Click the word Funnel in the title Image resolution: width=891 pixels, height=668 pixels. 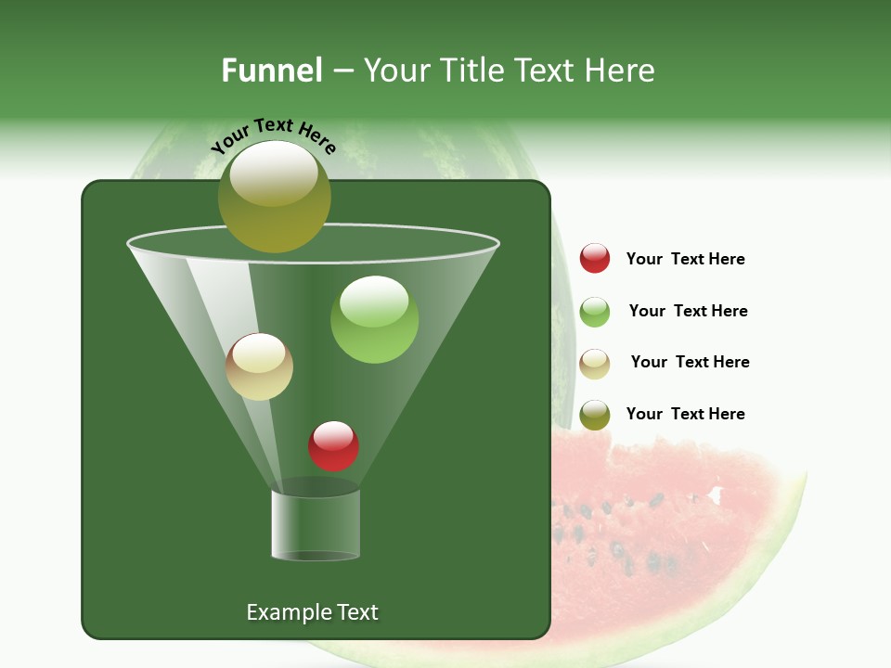[271, 70]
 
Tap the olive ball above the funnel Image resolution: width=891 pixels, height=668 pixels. [275, 196]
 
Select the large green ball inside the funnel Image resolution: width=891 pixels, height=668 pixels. [374, 319]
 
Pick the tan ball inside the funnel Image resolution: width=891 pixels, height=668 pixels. [259, 366]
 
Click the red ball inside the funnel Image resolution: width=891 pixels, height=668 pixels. [333, 445]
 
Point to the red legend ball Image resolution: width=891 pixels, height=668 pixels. [595, 258]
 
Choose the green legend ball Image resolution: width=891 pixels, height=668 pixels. [595, 312]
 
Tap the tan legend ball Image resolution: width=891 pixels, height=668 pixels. [595, 364]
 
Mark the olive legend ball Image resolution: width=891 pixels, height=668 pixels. [595, 415]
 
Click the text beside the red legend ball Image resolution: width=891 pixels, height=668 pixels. [685, 259]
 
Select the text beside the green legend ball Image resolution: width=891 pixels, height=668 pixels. [688, 311]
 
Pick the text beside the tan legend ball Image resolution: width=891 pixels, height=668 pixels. [690, 362]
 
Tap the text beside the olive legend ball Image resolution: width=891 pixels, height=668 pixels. [685, 414]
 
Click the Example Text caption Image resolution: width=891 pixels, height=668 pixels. [312, 612]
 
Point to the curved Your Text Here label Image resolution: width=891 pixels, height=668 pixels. [273, 135]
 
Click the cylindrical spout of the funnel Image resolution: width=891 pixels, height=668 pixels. [316, 524]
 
